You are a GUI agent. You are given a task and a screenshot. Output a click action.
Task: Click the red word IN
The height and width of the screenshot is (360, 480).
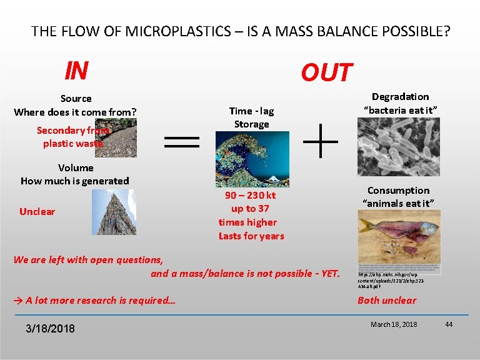click(76, 71)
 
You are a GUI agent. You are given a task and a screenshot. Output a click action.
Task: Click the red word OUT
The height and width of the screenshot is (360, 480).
click(327, 73)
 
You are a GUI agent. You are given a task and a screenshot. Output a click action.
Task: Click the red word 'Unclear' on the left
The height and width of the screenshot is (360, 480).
click(37, 211)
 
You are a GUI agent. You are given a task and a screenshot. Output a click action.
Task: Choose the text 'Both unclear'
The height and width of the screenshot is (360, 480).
click(386, 300)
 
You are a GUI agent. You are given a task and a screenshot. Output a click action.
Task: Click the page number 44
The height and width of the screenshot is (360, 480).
click(448, 324)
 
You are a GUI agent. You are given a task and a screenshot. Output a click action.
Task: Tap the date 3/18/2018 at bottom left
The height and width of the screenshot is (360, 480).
click(51, 328)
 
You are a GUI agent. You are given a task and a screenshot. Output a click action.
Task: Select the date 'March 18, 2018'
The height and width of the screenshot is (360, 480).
click(394, 324)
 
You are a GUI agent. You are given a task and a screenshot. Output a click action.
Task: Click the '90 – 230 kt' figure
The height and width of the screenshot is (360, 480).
click(250, 195)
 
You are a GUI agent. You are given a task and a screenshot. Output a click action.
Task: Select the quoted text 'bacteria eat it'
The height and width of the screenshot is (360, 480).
click(400, 110)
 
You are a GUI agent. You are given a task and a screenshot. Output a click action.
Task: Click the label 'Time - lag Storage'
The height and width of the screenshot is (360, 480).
click(251, 117)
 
